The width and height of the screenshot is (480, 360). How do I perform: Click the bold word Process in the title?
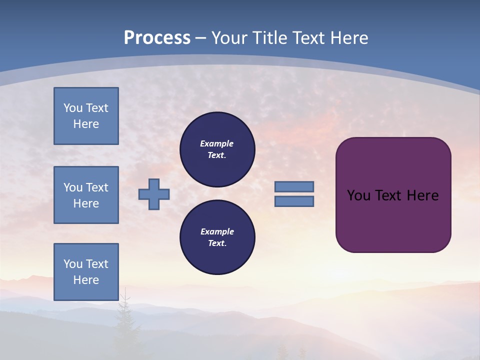point(157,38)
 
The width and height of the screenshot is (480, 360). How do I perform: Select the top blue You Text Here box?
point(86,116)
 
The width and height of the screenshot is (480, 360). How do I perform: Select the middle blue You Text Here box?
point(86,195)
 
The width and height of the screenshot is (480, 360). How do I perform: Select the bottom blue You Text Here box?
point(86,272)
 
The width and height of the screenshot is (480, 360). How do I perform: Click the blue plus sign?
point(154,194)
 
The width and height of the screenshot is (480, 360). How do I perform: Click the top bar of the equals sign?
point(294,186)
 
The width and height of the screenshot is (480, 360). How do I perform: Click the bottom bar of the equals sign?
point(294,201)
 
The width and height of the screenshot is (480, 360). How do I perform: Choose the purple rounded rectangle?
point(393,220)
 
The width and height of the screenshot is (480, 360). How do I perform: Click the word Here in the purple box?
point(422,195)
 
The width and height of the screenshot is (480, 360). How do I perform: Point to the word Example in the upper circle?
point(216,143)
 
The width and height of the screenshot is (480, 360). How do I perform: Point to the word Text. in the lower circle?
point(217,243)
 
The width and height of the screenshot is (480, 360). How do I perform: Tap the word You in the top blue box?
point(73,108)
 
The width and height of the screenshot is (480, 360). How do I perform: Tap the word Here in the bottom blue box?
point(86,280)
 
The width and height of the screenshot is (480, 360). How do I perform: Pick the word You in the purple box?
point(358,195)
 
